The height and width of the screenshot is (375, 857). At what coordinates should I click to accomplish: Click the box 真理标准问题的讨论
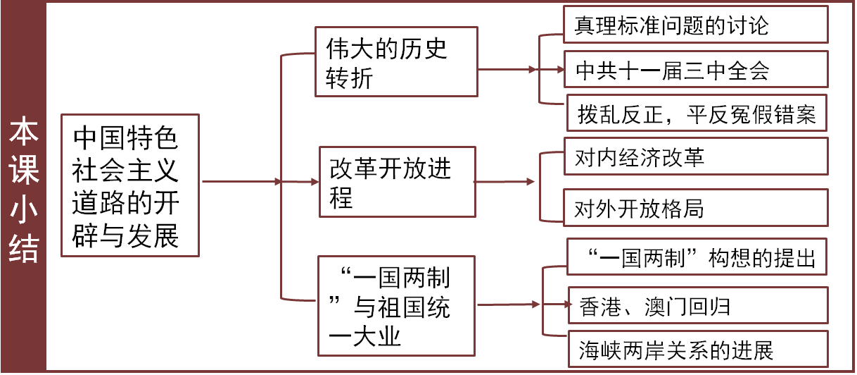(x=697, y=27)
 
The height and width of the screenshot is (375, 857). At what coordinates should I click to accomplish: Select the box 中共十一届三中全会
(x=697, y=70)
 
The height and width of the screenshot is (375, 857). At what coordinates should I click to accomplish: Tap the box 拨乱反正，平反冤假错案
(x=697, y=113)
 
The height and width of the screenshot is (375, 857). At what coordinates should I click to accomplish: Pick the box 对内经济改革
(x=697, y=158)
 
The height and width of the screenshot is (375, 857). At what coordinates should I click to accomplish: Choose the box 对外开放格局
(x=697, y=208)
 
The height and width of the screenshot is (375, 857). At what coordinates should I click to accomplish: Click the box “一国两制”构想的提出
(x=697, y=258)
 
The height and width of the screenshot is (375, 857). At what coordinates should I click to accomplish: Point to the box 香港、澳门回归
(x=697, y=306)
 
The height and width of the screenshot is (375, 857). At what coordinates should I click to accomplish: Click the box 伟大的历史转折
(x=396, y=62)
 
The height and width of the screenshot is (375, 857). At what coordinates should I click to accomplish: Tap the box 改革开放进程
(x=396, y=182)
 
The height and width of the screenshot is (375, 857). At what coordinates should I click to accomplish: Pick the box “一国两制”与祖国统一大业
(x=396, y=306)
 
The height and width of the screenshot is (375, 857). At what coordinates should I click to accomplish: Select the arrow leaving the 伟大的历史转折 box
(x=507, y=70)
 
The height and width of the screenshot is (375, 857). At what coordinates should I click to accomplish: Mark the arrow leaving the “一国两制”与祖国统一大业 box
(x=508, y=305)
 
